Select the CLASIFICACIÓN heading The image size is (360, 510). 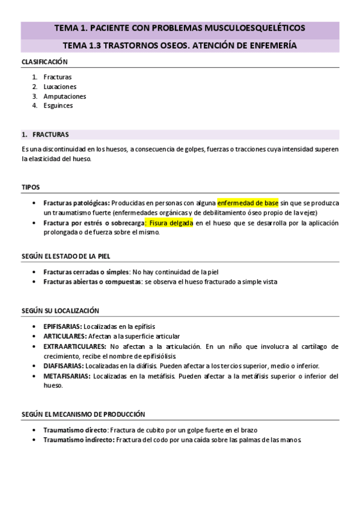click(x=44, y=62)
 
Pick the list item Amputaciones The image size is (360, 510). click(x=64, y=96)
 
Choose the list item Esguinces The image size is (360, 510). click(x=58, y=106)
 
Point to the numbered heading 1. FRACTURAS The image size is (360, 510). click(x=45, y=134)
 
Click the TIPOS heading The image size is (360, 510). click(x=31, y=187)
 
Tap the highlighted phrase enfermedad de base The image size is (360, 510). click(x=248, y=203)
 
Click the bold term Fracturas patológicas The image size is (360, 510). click(x=76, y=203)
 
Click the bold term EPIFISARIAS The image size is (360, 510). click(x=63, y=326)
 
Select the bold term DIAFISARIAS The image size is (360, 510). click(x=63, y=366)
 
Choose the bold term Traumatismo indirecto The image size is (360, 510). click(x=78, y=440)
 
